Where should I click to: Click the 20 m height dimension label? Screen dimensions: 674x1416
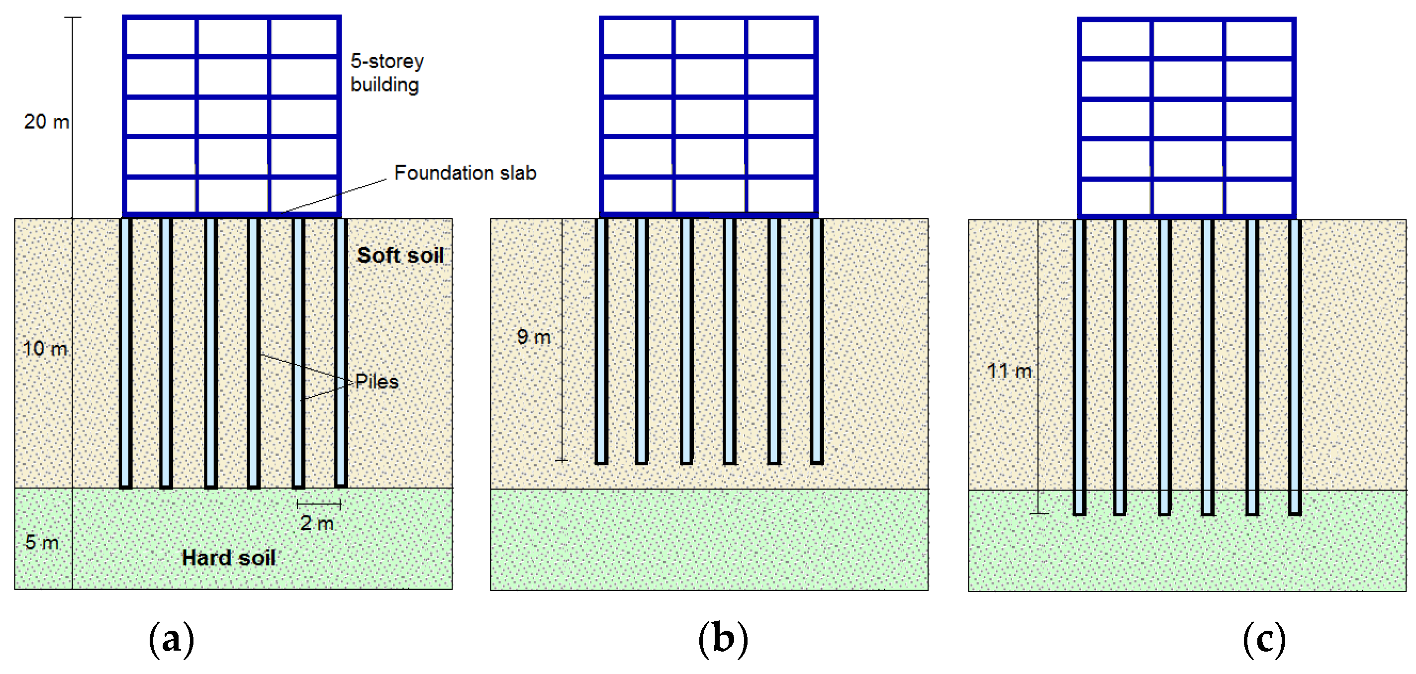coord(46,121)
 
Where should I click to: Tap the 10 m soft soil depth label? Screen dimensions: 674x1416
coord(45,349)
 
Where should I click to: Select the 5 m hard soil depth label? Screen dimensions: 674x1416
coord(42,543)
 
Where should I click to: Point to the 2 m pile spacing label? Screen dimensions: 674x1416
coord(317,523)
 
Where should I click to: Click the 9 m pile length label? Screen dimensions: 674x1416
coord(533,336)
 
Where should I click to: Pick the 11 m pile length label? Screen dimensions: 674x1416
coord(1009,371)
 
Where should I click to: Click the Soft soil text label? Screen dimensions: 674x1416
coord(400,255)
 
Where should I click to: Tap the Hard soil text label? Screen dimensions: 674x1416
coord(228,558)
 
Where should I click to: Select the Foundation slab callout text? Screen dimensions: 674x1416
coord(465,173)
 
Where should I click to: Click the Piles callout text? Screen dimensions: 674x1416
coord(377,382)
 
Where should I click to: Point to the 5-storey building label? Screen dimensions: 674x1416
coord(387,73)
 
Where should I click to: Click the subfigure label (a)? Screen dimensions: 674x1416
coord(172,639)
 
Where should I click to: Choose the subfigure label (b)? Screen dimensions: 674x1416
coord(723,639)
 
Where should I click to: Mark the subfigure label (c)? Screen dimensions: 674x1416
coord(1264,639)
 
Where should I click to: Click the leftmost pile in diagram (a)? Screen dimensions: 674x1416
coord(126,352)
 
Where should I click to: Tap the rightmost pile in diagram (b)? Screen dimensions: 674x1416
coord(817,341)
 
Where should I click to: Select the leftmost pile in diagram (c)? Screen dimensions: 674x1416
coord(1080,366)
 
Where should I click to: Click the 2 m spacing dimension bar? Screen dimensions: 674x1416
coord(319,503)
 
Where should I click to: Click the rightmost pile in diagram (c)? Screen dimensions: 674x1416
coord(1295,366)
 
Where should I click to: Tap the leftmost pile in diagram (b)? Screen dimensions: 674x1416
coord(602,341)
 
